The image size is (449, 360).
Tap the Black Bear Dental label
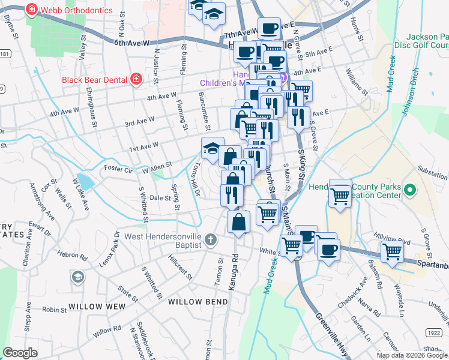point(94,79)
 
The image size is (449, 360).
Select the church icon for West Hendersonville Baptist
point(210,240)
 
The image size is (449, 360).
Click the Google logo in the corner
point(20,353)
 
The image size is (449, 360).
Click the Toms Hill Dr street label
point(196,178)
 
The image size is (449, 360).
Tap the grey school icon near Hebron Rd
point(77,277)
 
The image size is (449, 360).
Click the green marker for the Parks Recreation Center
point(410,191)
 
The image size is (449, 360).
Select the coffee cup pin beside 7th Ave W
point(270,28)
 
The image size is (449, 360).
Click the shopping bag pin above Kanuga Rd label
point(239,221)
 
